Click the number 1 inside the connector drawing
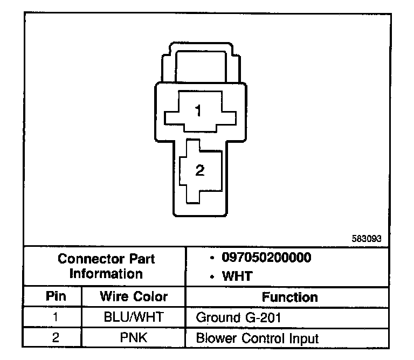point(199,111)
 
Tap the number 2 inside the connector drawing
point(200,171)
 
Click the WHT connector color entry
point(238,276)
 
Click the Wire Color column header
point(133,296)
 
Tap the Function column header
point(289,297)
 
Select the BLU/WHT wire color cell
point(133,317)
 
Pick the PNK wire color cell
point(133,338)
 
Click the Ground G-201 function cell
point(239,317)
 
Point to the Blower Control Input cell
point(257,338)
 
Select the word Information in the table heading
point(106,273)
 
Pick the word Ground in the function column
point(215,317)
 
